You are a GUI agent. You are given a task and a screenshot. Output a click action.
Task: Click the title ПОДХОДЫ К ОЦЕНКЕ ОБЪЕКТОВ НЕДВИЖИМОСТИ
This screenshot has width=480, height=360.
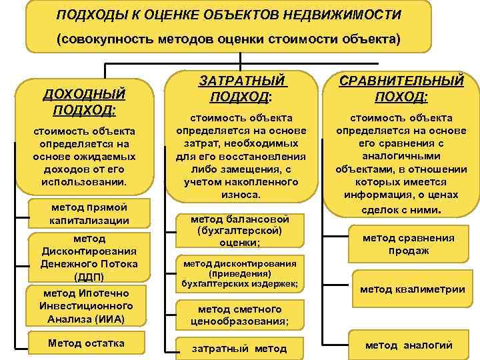tap(229, 14)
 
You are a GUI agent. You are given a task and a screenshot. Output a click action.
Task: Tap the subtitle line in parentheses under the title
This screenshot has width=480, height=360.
tap(229, 39)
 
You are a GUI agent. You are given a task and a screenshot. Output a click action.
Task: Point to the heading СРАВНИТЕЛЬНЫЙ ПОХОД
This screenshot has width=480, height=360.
tap(402, 89)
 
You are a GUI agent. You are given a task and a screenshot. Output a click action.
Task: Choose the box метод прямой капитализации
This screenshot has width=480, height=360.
tap(89, 213)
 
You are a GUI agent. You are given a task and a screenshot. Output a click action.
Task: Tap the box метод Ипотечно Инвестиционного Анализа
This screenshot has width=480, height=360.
tap(89, 306)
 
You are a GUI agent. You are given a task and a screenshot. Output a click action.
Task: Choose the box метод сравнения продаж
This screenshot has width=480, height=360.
tap(408, 244)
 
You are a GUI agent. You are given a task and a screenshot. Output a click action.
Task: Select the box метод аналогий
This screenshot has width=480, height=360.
tap(408, 345)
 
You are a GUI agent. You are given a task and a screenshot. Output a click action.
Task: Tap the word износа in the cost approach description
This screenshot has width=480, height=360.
tap(239, 194)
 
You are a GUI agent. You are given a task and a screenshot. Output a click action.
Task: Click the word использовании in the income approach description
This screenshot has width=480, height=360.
tap(84, 181)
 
